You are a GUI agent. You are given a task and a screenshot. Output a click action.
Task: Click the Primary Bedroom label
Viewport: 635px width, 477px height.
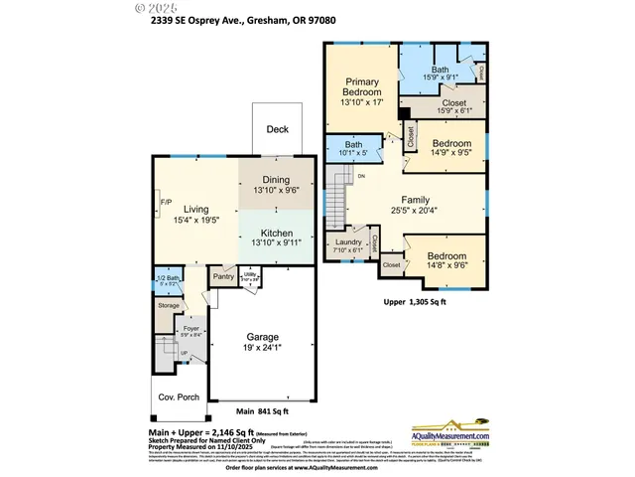pos(362,92)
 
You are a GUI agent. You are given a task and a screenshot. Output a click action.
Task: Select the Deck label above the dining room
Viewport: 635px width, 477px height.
pos(278,129)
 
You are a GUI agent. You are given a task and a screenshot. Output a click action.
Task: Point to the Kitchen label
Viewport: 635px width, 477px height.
pos(276,234)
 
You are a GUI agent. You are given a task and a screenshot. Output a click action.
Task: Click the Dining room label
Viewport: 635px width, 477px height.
pos(276,180)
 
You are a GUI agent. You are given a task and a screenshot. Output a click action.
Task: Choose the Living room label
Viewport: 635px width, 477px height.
pos(195,210)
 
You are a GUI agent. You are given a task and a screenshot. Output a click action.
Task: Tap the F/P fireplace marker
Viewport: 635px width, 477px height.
pos(166,205)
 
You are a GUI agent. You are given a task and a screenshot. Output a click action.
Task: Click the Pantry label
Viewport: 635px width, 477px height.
pos(223,277)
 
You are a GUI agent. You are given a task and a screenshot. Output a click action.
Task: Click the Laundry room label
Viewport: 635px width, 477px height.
pos(348,243)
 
